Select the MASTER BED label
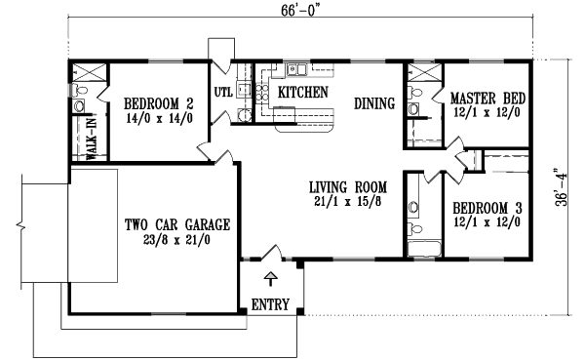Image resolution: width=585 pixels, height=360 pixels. (488, 99)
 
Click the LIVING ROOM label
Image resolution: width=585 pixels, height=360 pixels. (349, 185)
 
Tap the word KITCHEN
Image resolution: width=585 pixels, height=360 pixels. (303, 91)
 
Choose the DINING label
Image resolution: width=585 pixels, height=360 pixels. (373, 100)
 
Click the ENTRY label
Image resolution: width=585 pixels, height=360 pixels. (270, 303)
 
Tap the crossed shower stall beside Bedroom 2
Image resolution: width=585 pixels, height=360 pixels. (86, 74)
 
